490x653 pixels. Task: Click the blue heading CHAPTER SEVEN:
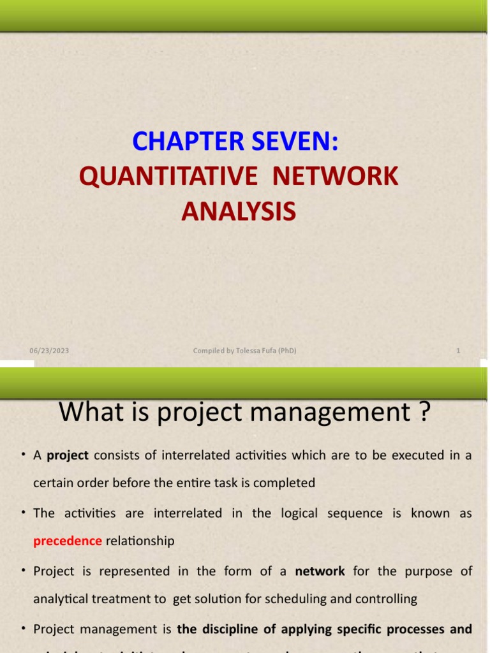coord(235,142)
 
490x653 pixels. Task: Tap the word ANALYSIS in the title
coord(239,211)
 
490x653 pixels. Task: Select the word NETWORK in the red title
coord(336,177)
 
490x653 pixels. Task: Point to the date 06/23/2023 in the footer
coord(49,350)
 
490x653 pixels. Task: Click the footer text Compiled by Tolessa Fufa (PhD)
coord(245,350)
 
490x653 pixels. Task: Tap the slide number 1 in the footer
coord(458,350)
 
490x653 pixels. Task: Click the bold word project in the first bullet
coord(68,455)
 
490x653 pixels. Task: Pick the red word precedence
coord(68,541)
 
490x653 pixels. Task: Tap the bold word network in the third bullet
coord(320,571)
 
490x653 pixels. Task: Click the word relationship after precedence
coord(140,541)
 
